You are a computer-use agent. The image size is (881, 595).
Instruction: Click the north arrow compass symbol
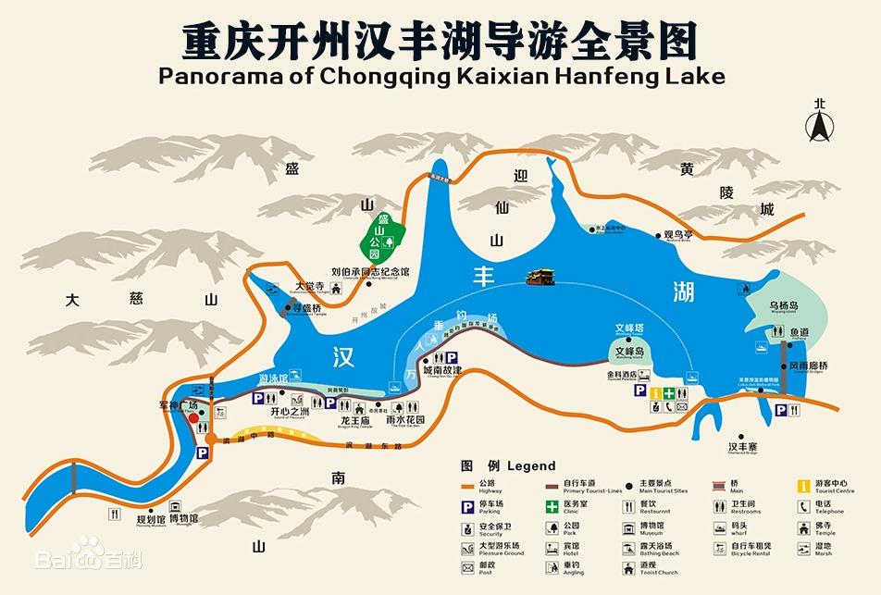click(818, 120)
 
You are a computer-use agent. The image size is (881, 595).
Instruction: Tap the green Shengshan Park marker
click(382, 236)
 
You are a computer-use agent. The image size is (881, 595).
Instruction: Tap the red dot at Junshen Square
click(194, 417)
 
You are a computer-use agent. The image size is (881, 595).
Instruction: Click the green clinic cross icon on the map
click(668, 393)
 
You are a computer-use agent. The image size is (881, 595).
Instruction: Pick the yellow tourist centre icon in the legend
click(804, 484)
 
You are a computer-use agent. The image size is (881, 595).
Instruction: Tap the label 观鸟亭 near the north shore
click(678, 235)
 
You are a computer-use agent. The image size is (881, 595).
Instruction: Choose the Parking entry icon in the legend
click(469, 505)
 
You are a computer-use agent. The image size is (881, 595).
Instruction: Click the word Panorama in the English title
click(219, 75)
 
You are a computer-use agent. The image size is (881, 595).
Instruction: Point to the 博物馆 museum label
click(182, 518)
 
